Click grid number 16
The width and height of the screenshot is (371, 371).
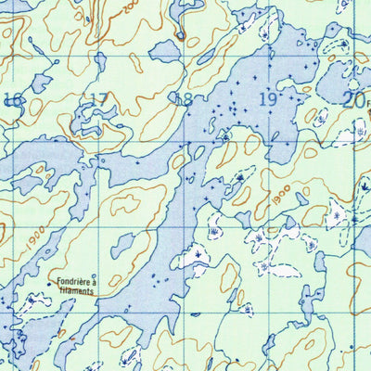[13, 101]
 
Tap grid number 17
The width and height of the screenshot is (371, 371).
[98, 99]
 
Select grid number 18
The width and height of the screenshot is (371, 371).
[184, 99]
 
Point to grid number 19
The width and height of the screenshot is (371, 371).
[269, 98]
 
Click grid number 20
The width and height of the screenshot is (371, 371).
[353, 100]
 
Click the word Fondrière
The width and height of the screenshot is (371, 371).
[74, 284]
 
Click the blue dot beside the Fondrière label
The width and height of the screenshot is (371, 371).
[49, 284]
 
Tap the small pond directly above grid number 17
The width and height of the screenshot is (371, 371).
[100, 63]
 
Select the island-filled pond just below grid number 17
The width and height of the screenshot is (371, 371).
[93, 121]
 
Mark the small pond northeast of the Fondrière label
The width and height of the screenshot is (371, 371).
[122, 245]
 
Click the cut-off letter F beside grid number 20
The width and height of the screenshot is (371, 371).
[367, 104]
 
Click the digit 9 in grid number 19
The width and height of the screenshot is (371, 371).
[274, 98]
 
